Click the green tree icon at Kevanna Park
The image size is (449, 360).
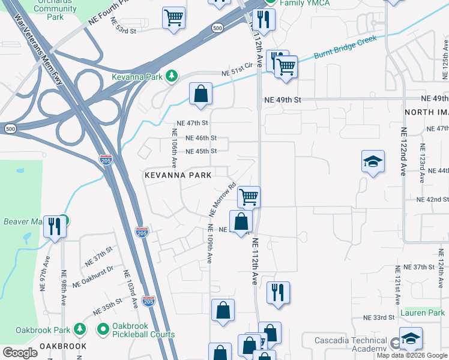(x=172, y=76)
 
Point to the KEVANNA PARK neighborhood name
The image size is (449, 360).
(x=178, y=175)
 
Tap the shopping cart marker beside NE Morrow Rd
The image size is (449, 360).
(x=249, y=196)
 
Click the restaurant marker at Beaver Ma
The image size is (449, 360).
(x=54, y=226)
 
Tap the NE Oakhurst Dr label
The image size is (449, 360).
(x=92, y=277)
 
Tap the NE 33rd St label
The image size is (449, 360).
(x=378, y=317)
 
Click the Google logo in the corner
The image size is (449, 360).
(x=20, y=353)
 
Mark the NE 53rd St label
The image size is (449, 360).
(x=124, y=25)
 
